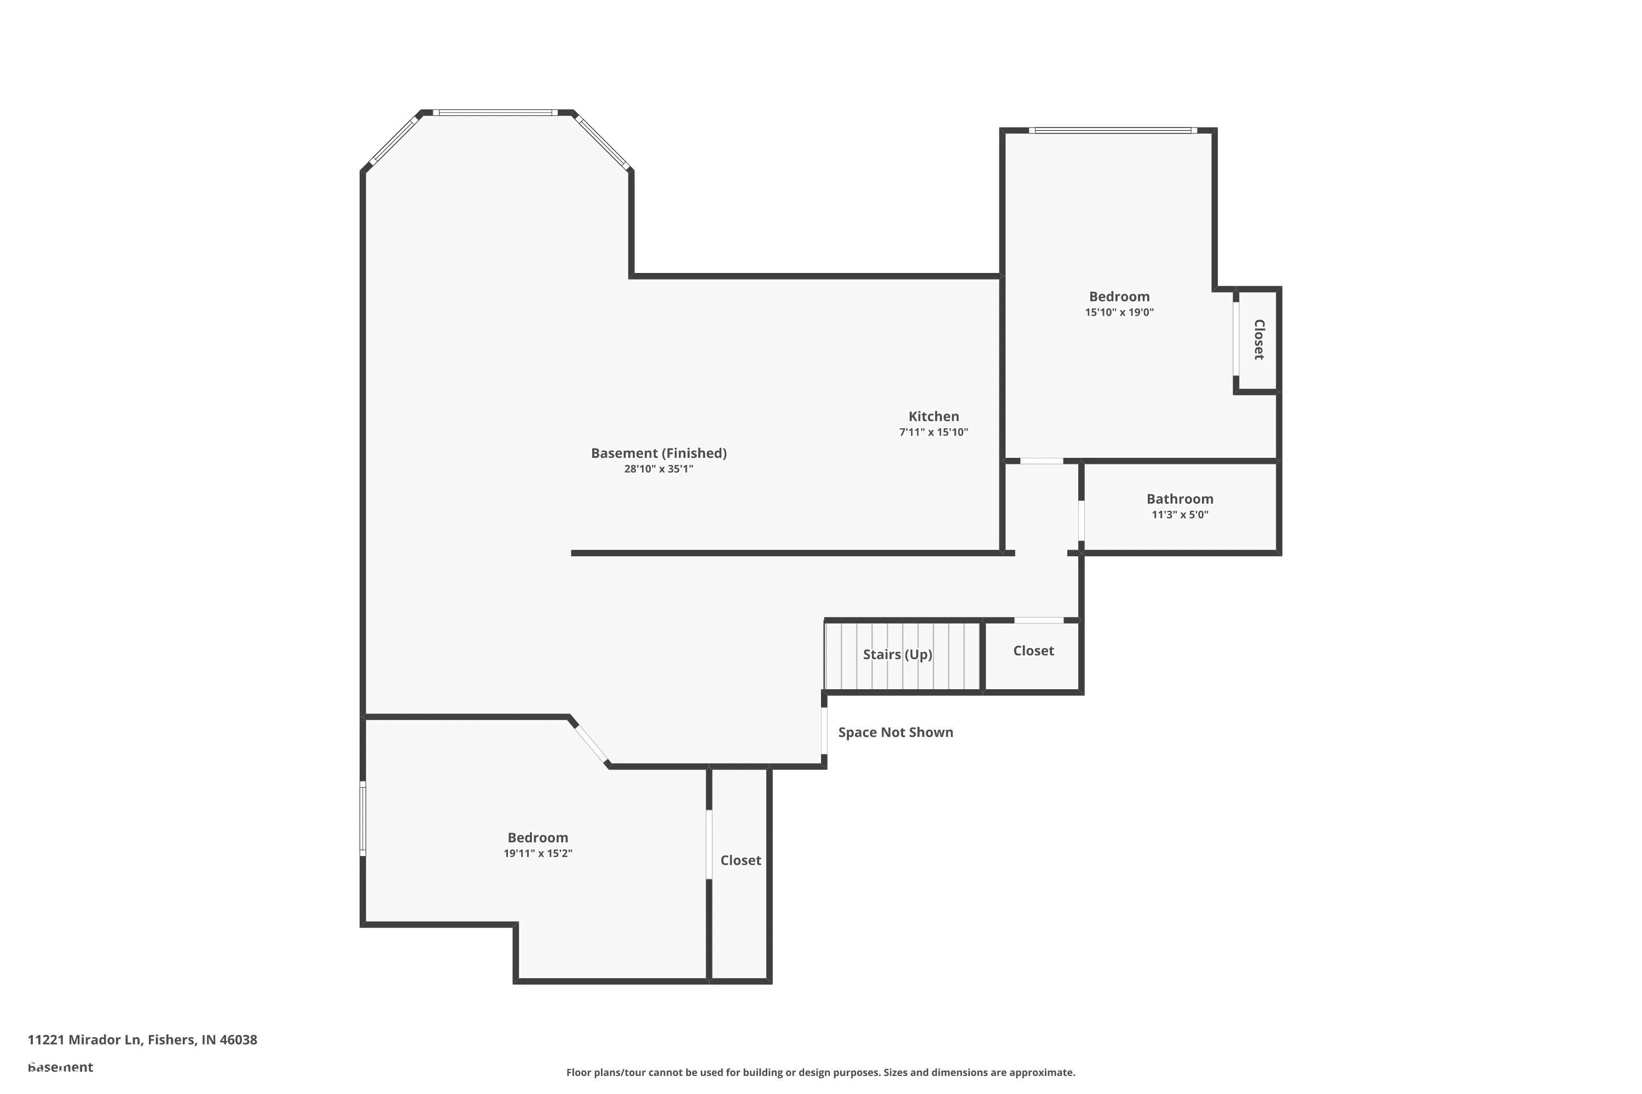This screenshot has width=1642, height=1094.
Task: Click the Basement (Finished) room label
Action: pos(658,453)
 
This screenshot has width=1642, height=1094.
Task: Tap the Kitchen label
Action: pos(933,416)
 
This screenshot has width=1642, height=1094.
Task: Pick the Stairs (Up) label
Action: pos(897,654)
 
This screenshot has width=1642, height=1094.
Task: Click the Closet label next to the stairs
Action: pos(1033,651)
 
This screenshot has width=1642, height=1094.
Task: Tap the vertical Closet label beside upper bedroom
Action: pos(1259,340)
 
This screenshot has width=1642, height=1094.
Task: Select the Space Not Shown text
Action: pos(895,732)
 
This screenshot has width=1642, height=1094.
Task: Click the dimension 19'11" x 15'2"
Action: pos(537,853)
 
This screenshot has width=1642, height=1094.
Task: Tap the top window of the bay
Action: pos(495,112)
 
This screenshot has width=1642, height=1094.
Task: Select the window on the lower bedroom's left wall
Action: pos(362,818)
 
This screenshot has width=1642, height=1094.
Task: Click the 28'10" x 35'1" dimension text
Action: pos(658,469)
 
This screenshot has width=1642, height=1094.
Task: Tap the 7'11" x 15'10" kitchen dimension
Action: pos(933,433)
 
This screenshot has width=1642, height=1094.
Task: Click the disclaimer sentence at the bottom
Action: pos(820,1072)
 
